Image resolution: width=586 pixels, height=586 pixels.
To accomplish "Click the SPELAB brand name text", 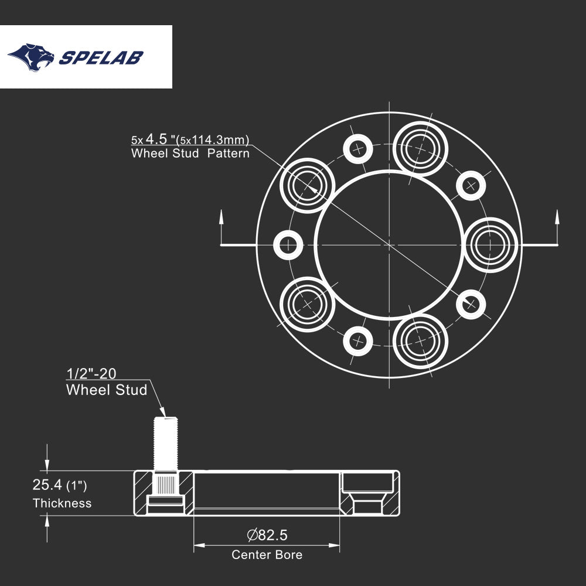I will click(x=102, y=57).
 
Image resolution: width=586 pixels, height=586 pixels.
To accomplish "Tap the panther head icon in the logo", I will click(x=31, y=57).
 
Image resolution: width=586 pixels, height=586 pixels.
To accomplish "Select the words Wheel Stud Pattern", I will click(x=190, y=154).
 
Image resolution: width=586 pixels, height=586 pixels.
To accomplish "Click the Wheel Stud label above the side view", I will click(x=107, y=390).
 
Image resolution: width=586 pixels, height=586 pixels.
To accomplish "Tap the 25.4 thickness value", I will click(x=48, y=485).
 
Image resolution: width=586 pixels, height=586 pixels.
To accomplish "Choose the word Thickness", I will click(x=62, y=503).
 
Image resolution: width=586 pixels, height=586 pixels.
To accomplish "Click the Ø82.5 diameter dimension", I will click(x=267, y=534).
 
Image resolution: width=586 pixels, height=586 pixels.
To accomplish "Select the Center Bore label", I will click(x=267, y=554).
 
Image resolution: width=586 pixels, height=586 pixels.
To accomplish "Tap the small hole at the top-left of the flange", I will click(x=357, y=149).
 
